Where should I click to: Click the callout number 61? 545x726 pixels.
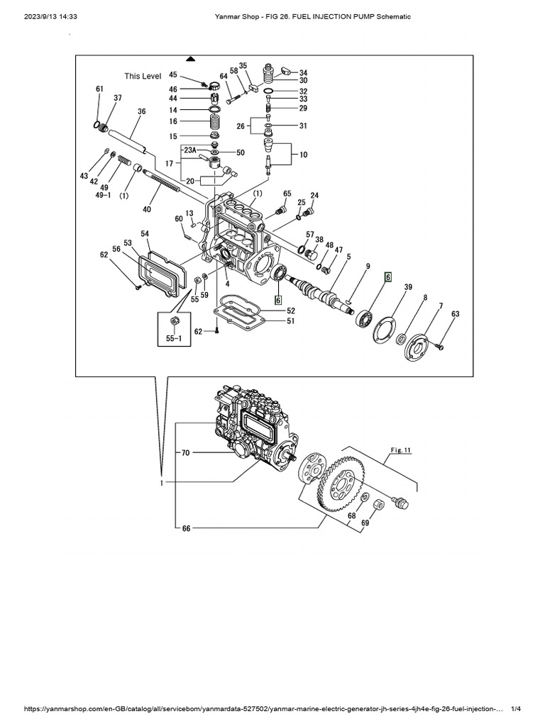click(99, 89)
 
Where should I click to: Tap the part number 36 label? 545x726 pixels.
click(142, 111)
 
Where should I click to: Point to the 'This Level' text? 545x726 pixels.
click(143, 76)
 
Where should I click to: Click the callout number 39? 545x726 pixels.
click(407, 286)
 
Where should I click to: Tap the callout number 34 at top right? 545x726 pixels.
click(303, 72)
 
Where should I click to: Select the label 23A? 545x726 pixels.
click(190, 150)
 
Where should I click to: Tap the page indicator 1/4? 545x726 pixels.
click(516, 711)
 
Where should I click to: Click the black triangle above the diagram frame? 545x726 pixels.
click(189, 58)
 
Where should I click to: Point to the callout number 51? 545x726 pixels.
click(291, 321)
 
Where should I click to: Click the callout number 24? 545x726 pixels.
click(314, 196)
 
